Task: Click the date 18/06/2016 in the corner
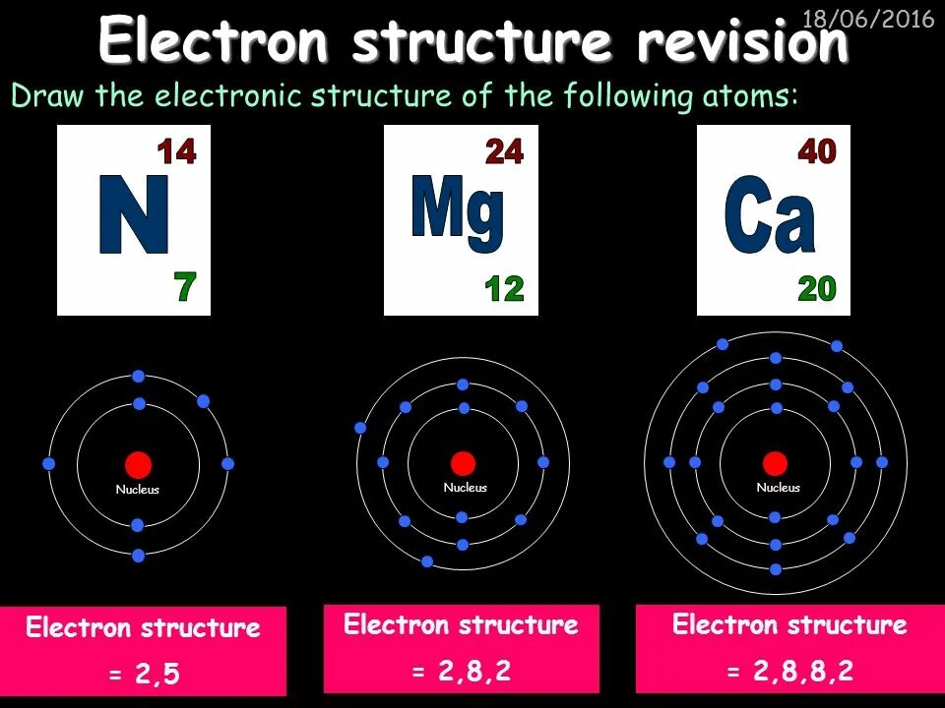[x=867, y=20]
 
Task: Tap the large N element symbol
[x=134, y=215]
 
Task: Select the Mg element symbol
[x=458, y=209]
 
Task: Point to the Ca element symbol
[x=770, y=216]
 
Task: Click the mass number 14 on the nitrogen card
[x=177, y=152]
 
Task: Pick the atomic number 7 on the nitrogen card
[x=185, y=287]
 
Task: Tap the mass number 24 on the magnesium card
[x=504, y=152]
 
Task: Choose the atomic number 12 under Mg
[x=504, y=289]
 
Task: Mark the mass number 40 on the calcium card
[x=816, y=152]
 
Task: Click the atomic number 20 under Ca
[x=816, y=289]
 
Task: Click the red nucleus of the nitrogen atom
[x=138, y=464]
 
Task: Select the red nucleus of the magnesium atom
[x=463, y=463]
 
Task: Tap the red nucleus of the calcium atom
[x=776, y=463]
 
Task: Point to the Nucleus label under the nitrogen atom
[x=137, y=490]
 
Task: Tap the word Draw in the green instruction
[x=40, y=96]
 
